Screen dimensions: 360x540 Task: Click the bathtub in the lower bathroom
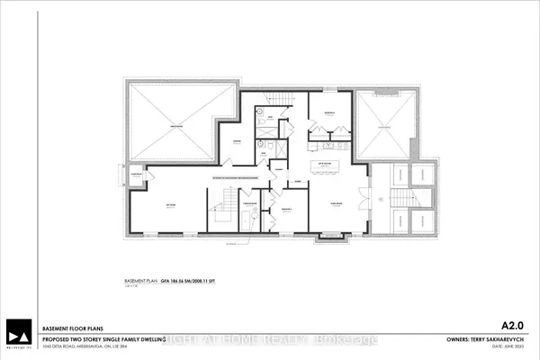tap(250, 220)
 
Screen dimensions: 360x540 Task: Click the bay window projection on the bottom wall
tap(332, 237)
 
